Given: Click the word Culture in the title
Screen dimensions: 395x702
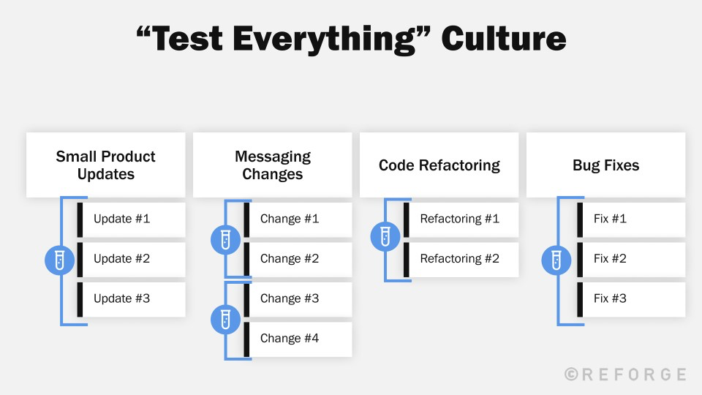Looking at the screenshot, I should tap(503, 38).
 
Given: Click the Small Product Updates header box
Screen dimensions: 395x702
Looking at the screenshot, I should tap(106, 165).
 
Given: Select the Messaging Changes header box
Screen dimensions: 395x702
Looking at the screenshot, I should tap(272, 165).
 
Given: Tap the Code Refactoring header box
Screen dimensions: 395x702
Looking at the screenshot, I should tap(439, 165).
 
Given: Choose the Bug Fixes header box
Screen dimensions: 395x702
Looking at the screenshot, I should tap(605, 165).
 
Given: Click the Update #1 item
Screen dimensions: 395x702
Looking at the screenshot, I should tap(132, 219).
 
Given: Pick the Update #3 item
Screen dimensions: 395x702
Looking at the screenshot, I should tap(132, 298).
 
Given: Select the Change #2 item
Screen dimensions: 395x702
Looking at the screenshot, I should tap(298, 258).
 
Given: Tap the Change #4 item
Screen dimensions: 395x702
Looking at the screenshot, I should tap(298, 339).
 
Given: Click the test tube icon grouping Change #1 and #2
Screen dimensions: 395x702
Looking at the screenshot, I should tap(225, 239).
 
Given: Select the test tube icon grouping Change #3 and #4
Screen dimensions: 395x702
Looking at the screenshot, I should tap(225, 319).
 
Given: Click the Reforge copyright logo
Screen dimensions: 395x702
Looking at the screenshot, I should tap(625, 375).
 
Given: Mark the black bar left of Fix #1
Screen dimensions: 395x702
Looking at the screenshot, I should tap(580, 219).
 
